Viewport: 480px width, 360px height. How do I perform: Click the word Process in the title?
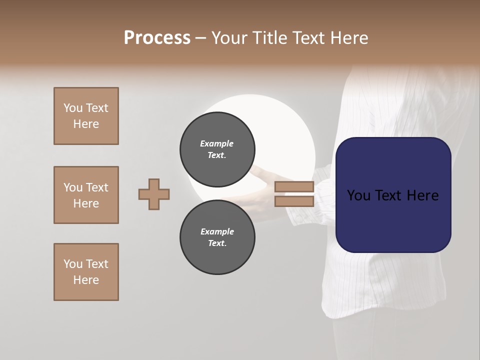[157, 38]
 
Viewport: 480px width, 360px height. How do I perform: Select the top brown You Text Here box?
[86, 116]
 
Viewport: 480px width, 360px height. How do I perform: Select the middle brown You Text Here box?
[86, 195]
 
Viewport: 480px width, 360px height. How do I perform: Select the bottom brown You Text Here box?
[86, 272]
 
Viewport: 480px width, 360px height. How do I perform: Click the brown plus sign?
[154, 194]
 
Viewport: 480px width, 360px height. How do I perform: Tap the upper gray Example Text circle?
[217, 149]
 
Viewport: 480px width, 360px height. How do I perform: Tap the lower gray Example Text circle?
[217, 237]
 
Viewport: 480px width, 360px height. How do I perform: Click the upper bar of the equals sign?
[294, 187]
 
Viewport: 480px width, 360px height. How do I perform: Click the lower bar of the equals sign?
[294, 201]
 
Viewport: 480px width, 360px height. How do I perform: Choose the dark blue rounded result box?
[393, 195]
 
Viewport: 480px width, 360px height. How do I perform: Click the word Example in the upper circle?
[217, 143]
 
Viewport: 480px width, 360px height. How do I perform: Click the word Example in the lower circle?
[217, 231]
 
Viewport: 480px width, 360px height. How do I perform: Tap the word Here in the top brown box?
[86, 124]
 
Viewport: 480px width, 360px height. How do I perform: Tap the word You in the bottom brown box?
[72, 264]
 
